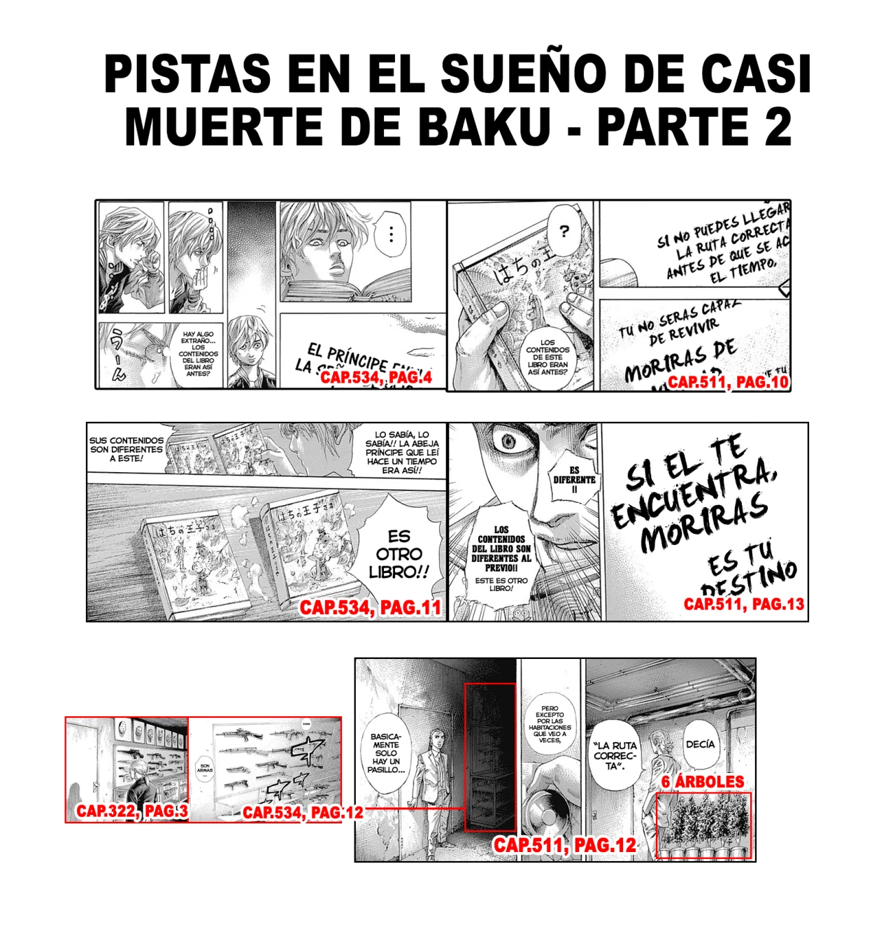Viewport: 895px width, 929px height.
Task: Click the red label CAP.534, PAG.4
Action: click(376, 378)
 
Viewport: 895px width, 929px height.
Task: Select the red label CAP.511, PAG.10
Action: click(728, 382)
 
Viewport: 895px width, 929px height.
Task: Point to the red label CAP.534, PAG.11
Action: click(371, 607)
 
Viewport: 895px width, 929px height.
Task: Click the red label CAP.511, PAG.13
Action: click(744, 604)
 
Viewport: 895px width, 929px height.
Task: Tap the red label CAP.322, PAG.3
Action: click(131, 811)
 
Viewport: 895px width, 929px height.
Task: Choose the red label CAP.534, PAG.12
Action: click(303, 812)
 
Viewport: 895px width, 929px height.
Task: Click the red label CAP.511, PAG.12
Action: click(565, 845)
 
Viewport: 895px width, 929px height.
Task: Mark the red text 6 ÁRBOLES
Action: click(703, 781)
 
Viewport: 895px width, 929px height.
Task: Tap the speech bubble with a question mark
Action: click(564, 232)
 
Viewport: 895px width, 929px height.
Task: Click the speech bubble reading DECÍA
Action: click(700, 744)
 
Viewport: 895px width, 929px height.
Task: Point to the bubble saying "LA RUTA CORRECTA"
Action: click(615, 756)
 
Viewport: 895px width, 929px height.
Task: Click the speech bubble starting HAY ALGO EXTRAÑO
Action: click(198, 353)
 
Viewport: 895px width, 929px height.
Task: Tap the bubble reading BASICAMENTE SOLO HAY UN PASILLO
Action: click(386, 753)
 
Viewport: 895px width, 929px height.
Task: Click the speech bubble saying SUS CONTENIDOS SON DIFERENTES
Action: click(127, 449)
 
